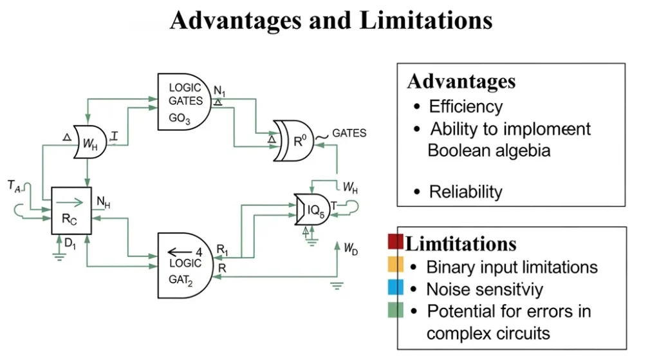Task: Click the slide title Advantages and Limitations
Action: click(x=331, y=21)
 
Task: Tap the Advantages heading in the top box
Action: click(x=461, y=82)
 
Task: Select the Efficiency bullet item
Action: click(x=465, y=106)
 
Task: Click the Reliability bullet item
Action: click(x=465, y=192)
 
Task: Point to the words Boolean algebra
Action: click(x=489, y=151)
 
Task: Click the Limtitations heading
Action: click(x=461, y=244)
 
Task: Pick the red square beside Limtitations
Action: click(x=395, y=242)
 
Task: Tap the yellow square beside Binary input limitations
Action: click(x=395, y=265)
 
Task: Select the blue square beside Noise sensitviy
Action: click(x=395, y=287)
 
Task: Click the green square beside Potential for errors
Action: click(x=395, y=310)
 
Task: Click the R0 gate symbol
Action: click(x=297, y=140)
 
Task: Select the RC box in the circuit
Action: click(x=71, y=211)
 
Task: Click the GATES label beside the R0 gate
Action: click(x=349, y=133)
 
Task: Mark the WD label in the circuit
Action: click(x=350, y=249)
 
